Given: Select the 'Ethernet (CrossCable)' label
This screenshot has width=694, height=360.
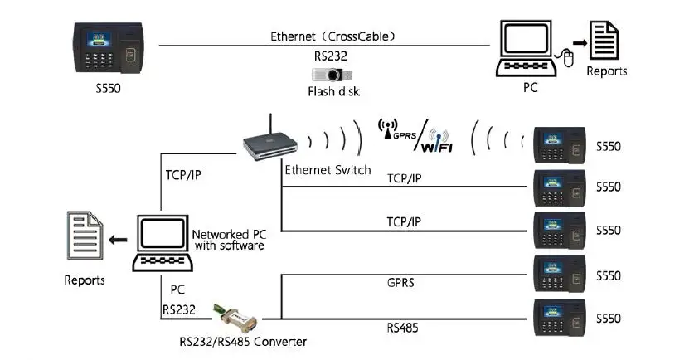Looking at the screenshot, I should pyautogui.click(x=332, y=36).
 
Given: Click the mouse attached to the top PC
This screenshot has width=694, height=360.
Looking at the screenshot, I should pyautogui.click(x=570, y=57).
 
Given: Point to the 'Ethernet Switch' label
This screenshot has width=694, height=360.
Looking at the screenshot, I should pyautogui.click(x=328, y=170).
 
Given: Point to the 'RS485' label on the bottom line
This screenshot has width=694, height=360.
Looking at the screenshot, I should pyautogui.click(x=402, y=328).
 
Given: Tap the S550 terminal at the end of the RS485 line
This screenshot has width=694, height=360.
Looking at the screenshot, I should pyautogui.click(x=561, y=318).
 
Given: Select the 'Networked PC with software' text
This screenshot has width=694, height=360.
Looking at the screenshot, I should pyautogui.click(x=228, y=240).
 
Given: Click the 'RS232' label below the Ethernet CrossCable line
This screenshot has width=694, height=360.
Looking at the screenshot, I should pyautogui.click(x=332, y=56).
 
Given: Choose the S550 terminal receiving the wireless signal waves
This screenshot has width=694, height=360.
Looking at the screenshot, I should pyautogui.click(x=561, y=146).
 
